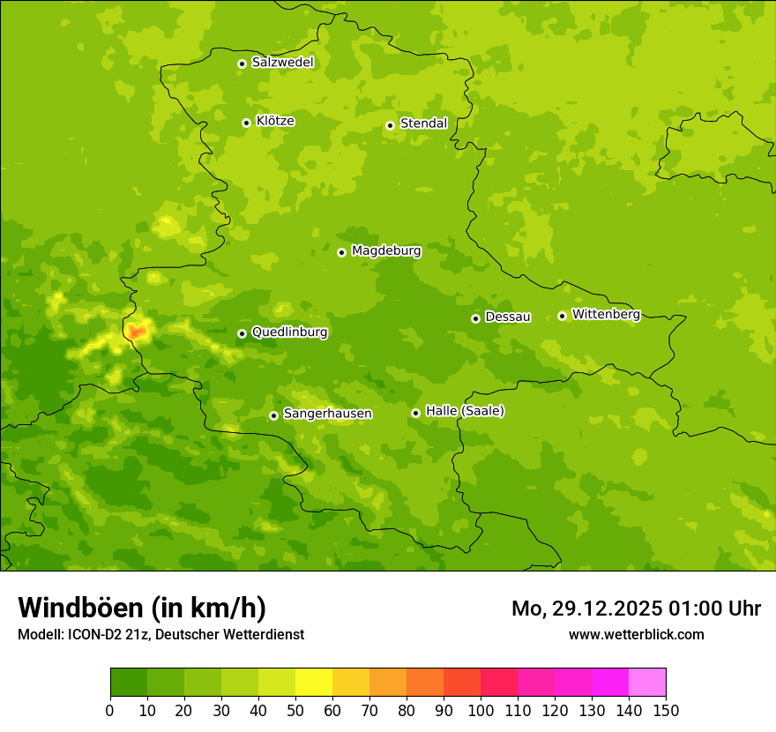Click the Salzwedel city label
coord(282,63)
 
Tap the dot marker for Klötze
coord(246,123)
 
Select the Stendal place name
coord(423,123)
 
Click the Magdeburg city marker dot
coord(341,252)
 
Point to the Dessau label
coord(508,317)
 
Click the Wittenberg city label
coord(606,314)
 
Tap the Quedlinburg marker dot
coord(242,333)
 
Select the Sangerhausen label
coord(327,414)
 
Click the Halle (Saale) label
coord(465,411)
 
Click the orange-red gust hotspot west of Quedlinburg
coord(136,332)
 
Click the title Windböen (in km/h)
coord(142,608)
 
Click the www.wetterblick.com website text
coord(636,634)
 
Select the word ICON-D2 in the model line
coord(95,635)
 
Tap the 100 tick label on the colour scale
coord(481,711)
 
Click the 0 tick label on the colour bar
coord(110,711)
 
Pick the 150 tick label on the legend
coord(666,711)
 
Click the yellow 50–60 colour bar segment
coord(314,683)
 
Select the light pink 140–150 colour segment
coord(647,683)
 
